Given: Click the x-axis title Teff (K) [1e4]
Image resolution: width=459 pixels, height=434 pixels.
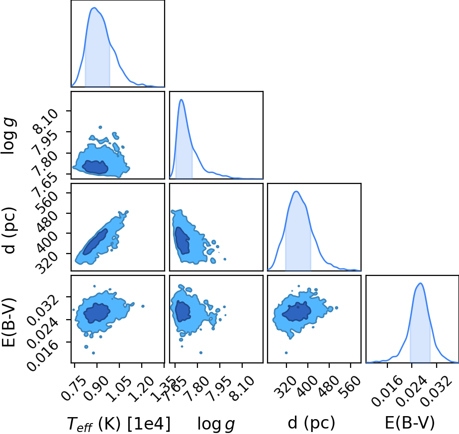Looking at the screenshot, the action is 118,424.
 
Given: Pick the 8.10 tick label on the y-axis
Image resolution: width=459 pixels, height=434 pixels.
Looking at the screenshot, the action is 46,121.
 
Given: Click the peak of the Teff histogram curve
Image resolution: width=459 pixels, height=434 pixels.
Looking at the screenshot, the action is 94,8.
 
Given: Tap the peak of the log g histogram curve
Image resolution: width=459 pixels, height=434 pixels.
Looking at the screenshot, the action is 182,99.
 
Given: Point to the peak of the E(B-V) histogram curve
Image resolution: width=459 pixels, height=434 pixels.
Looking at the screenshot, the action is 420,283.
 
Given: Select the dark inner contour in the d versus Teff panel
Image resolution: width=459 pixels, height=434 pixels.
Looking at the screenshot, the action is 95,242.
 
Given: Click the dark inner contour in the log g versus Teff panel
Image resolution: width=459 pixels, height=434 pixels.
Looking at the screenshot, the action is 95,167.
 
